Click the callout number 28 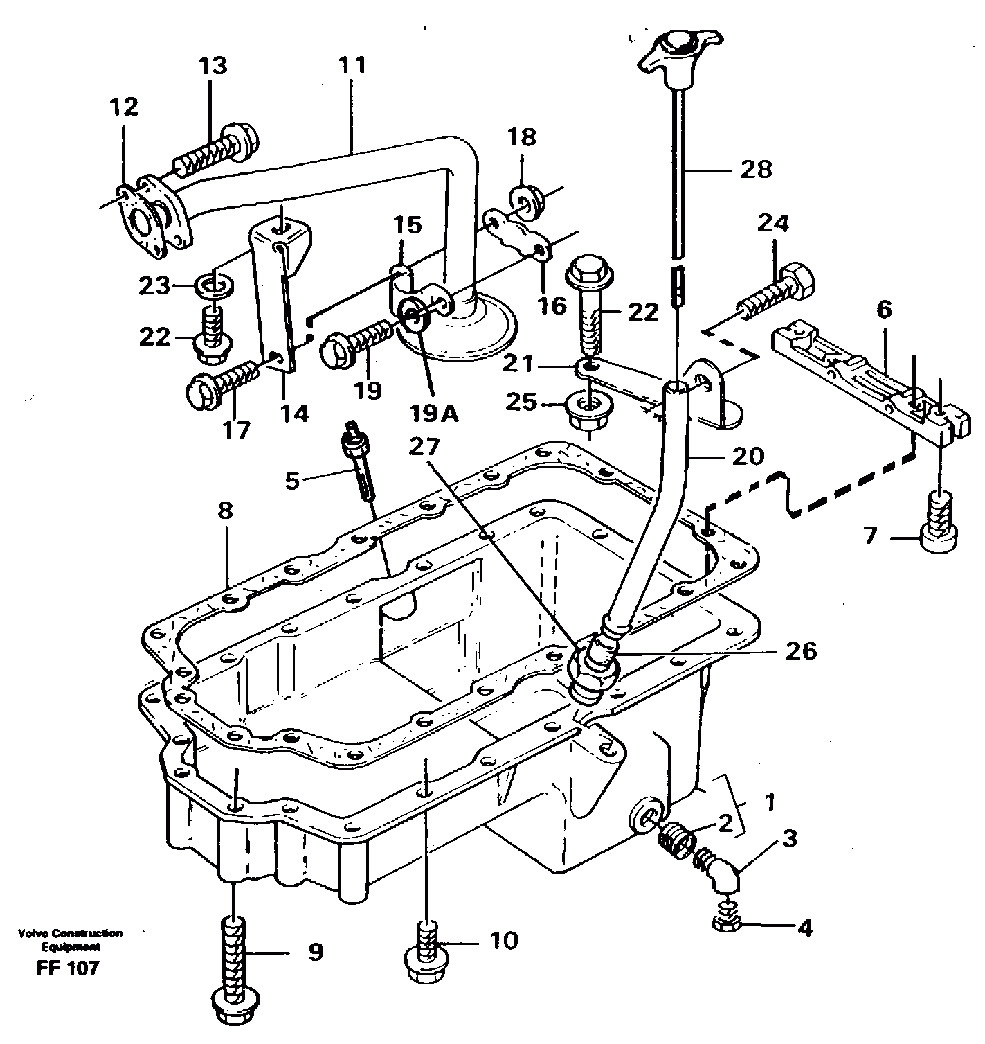[755, 170]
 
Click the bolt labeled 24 [778, 290]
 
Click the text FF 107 [68, 967]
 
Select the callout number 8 [226, 512]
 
